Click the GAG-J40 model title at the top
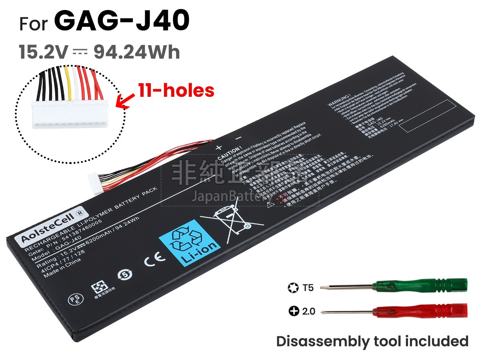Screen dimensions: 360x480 point(122,22)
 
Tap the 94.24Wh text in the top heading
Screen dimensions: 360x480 point(136,52)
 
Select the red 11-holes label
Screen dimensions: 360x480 point(176,91)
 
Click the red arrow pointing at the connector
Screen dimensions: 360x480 point(126,100)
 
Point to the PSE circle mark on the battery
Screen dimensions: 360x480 point(72,300)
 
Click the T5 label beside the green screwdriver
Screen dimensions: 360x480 point(308,287)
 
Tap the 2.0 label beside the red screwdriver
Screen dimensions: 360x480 point(308,311)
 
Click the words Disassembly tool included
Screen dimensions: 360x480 point(372,341)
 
